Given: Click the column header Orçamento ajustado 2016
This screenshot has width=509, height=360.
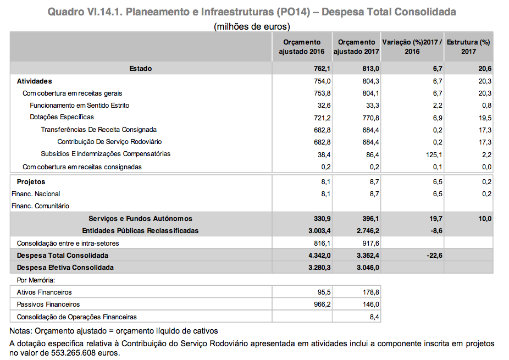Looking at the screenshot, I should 302,47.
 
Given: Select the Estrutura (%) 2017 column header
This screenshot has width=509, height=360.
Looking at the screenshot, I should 468,47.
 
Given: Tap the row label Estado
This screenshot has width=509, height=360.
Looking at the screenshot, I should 141,68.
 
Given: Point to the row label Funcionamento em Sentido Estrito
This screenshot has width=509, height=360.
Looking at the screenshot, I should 80,105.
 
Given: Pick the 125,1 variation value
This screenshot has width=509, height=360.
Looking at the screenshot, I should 434,154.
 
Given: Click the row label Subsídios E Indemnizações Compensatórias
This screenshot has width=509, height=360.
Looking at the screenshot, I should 106,154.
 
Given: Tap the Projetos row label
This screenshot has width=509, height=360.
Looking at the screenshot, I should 31,181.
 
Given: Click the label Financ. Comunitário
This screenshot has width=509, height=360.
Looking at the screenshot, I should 40,206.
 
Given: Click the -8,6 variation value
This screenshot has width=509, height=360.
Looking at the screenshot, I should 435,230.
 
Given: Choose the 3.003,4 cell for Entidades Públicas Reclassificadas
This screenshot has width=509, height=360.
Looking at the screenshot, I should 317,230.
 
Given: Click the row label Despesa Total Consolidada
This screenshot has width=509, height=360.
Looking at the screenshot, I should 63,255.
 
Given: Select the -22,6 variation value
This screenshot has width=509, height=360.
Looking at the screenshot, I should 434,255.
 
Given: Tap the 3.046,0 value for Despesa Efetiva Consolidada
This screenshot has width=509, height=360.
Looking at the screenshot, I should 368,267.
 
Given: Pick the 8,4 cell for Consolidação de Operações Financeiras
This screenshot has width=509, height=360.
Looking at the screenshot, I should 375,317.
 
